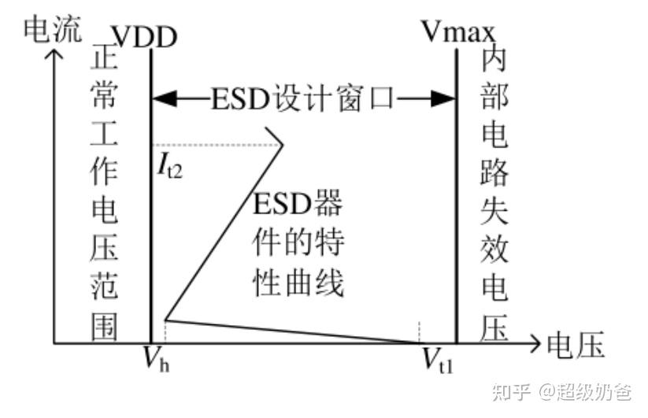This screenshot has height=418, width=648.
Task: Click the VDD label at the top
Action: (144, 35)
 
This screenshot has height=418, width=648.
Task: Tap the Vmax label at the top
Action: (458, 32)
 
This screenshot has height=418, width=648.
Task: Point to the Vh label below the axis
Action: (154, 360)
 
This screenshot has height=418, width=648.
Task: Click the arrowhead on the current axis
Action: (54, 56)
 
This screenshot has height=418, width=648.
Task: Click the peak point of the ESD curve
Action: (281, 146)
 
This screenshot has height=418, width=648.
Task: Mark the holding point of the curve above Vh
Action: (165, 320)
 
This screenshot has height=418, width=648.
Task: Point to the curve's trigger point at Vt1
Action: (419, 342)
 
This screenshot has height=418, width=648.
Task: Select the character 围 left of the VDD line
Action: (104, 327)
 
